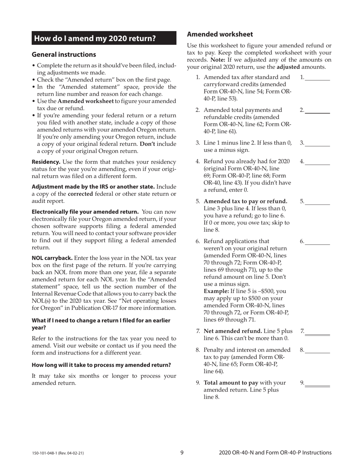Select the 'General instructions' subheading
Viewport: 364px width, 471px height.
click(x=64, y=54)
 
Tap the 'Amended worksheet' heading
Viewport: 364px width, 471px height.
click(x=220, y=34)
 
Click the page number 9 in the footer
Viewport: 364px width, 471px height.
click(x=182, y=453)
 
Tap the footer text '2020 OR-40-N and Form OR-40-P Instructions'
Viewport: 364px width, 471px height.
click(x=275, y=453)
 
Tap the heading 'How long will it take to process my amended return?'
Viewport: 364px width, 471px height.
click(x=101, y=365)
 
